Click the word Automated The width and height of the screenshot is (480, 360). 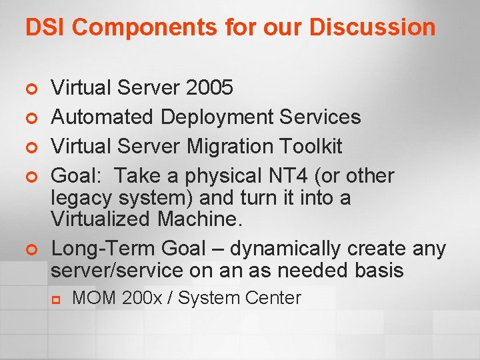click(x=102, y=117)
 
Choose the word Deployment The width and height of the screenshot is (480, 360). click(x=216, y=117)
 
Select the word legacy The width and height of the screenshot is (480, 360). click(x=83, y=198)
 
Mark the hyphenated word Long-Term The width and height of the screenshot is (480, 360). click(x=101, y=249)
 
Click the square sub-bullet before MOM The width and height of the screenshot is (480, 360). click(x=58, y=299)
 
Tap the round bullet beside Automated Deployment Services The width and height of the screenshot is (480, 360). click(x=29, y=118)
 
